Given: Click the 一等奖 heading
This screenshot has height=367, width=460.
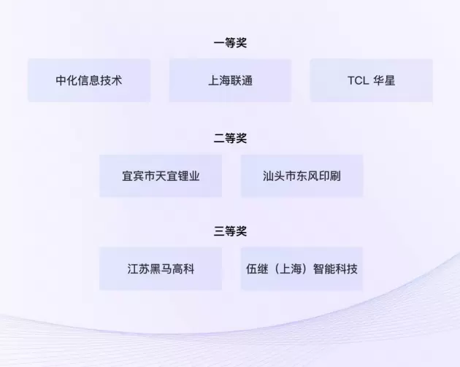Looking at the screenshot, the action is click(x=230, y=43).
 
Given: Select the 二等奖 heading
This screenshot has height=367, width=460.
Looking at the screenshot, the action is click(x=230, y=139).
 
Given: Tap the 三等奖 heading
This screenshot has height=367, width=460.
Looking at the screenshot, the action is click(x=230, y=231).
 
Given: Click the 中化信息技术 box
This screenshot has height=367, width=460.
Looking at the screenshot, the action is click(x=89, y=80).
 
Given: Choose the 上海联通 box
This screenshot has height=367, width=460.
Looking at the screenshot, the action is click(x=230, y=80).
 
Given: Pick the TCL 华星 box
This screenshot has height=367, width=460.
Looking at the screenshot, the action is click(x=372, y=80).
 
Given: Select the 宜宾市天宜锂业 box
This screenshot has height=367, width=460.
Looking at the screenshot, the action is click(x=161, y=176).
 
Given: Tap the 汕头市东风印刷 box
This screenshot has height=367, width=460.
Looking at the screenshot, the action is click(x=302, y=176).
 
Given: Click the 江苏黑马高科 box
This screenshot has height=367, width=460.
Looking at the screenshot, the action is click(x=161, y=269).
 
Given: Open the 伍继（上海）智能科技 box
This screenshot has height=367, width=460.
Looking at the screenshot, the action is click(x=302, y=269).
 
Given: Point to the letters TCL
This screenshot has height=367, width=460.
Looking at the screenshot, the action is click(x=359, y=80).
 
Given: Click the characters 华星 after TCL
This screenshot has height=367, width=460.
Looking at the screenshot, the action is click(x=384, y=80).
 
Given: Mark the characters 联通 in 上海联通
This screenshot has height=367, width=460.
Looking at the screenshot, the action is click(x=242, y=80).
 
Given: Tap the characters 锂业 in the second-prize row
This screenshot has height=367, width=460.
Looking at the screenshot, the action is click(x=188, y=176).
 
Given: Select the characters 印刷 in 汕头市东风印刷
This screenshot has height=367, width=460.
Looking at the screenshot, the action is click(x=330, y=176).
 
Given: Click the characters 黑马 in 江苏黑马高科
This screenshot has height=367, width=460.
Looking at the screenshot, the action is click(x=161, y=269).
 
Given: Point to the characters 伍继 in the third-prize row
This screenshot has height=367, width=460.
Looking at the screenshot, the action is click(x=257, y=269).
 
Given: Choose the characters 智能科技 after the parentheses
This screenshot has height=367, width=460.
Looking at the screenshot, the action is click(x=335, y=269).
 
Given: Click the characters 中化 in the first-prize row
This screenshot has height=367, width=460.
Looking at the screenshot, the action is click(x=67, y=80).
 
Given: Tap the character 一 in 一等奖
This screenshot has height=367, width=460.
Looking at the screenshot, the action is click(x=219, y=43).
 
